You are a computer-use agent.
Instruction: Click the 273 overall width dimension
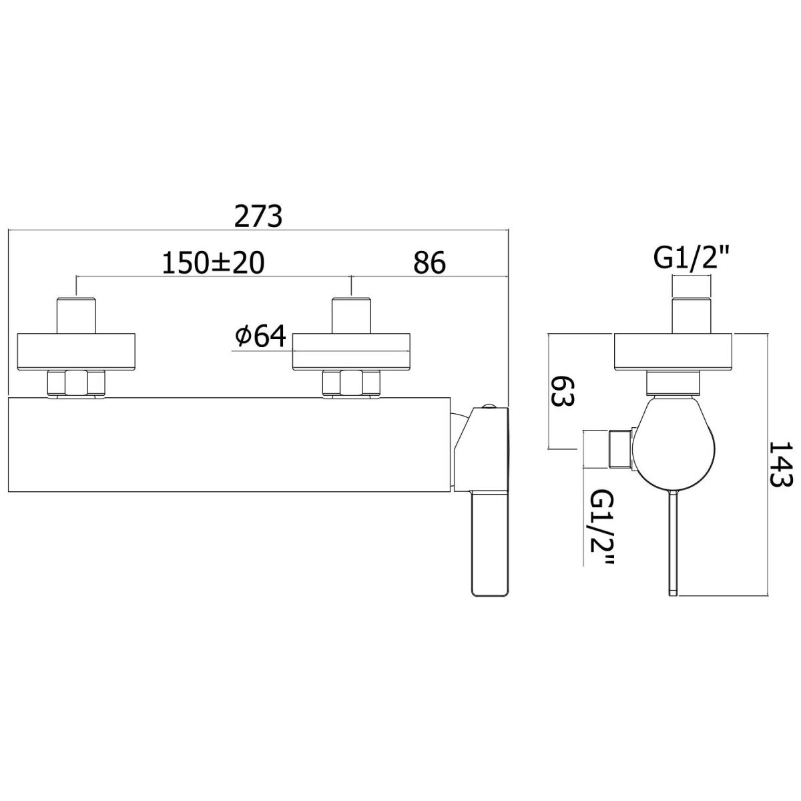258,216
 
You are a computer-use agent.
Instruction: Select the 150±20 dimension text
213,263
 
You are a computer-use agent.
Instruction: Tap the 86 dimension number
429,263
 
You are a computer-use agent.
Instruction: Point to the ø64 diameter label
260,336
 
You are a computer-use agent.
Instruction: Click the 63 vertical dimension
563,392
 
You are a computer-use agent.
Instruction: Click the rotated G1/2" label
602,527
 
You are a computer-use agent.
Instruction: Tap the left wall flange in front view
76,351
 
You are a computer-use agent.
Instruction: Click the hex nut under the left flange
77,383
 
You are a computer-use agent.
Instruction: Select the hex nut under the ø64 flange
351,383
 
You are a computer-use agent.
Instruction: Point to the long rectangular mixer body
230,445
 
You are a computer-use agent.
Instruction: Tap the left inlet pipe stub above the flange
76,315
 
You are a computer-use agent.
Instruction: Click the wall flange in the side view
674,351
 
